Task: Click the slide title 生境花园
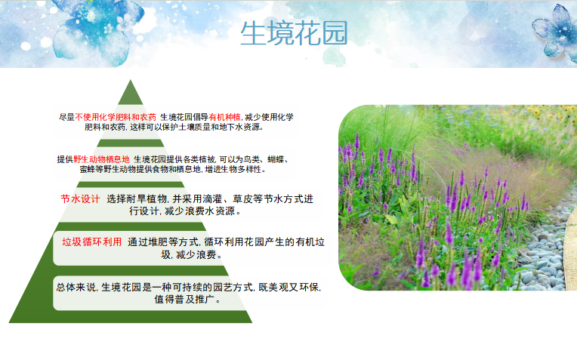294,33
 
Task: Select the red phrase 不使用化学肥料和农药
116,117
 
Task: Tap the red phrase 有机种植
225,117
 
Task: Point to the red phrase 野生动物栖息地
101,159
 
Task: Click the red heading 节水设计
80,199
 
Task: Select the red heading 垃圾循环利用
92,242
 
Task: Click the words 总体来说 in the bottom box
76,288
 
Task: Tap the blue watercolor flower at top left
97,29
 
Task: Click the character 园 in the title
335,33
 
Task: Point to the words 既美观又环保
288,288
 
